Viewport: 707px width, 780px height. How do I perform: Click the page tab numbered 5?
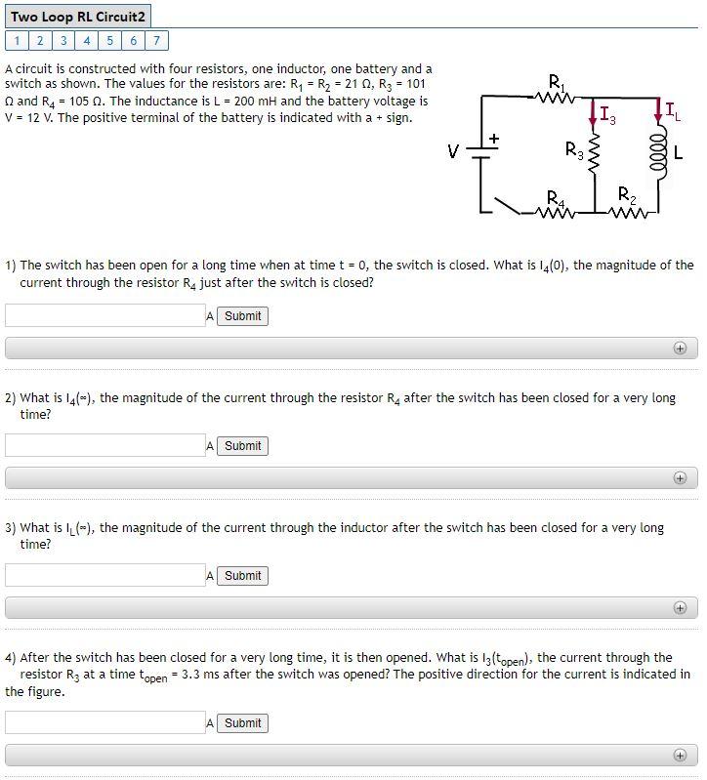click(109, 40)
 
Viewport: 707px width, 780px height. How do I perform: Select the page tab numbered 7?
click(156, 40)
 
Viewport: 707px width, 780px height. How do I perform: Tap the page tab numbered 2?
click(40, 40)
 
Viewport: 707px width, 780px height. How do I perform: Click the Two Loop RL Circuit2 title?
click(78, 17)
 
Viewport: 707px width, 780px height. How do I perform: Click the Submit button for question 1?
click(242, 316)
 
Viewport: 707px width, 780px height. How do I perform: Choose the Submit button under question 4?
click(242, 723)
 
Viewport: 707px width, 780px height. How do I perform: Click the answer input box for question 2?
click(104, 446)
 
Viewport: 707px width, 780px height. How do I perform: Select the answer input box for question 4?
click(104, 723)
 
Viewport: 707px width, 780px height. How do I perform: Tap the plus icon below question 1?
click(680, 349)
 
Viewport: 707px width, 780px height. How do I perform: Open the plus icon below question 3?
click(680, 608)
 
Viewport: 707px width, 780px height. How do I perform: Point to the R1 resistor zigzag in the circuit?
click(554, 98)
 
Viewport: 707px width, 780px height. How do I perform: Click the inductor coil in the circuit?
click(658, 153)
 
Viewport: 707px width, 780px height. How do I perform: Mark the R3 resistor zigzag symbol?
click(592, 154)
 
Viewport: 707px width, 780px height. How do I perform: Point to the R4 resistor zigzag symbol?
click(555, 211)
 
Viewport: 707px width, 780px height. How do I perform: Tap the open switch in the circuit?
click(508, 205)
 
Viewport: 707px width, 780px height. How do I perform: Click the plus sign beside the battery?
click(494, 139)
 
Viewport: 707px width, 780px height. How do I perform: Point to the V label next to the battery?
click(453, 151)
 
